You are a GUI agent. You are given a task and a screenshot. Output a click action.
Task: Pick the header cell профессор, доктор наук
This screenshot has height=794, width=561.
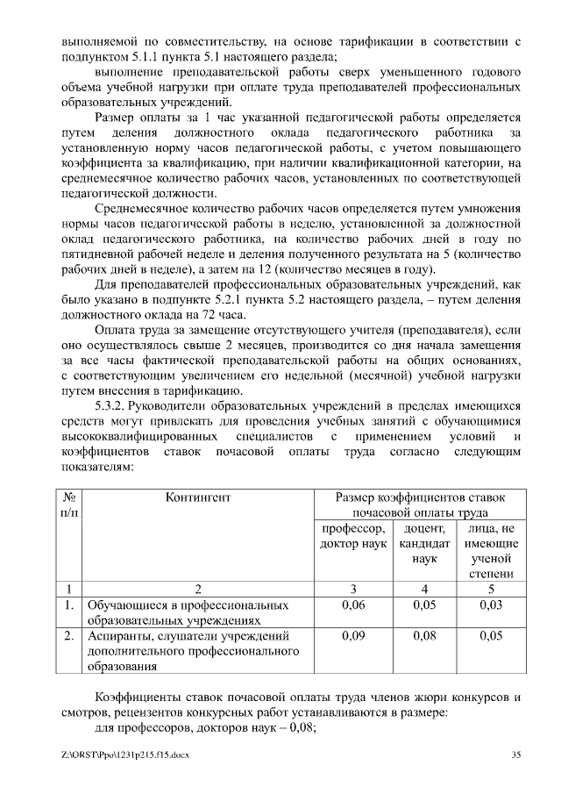pyautogui.click(x=353, y=536)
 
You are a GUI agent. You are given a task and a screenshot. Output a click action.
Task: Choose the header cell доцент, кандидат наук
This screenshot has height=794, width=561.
pyautogui.click(x=423, y=543)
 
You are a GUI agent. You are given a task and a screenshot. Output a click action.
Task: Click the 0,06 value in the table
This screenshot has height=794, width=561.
pyautogui.click(x=353, y=605)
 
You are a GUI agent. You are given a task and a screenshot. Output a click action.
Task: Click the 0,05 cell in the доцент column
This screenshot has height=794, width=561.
pyautogui.click(x=423, y=605)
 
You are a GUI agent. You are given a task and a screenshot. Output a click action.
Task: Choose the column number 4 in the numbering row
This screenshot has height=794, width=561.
pyautogui.click(x=423, y=589)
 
